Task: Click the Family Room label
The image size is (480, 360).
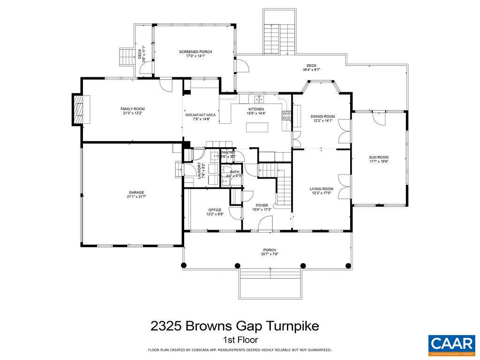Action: click(133, 109)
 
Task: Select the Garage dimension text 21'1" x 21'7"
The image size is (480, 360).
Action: click(137, 196)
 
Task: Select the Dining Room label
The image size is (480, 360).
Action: click(322, 116)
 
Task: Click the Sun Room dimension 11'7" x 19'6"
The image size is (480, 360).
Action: click(379, 162)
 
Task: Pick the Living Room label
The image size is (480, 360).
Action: click(322, 189)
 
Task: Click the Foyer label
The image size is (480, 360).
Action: click(262, 205)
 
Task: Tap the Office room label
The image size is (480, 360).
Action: click(215, 210)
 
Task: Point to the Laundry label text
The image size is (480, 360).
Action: click(199, 171)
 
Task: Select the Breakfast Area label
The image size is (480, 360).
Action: click(200, 115)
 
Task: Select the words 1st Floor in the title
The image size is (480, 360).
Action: click(240, 340)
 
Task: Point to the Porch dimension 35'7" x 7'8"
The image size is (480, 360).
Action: click(269, 255)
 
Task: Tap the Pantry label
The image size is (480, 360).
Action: click(228, 152)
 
